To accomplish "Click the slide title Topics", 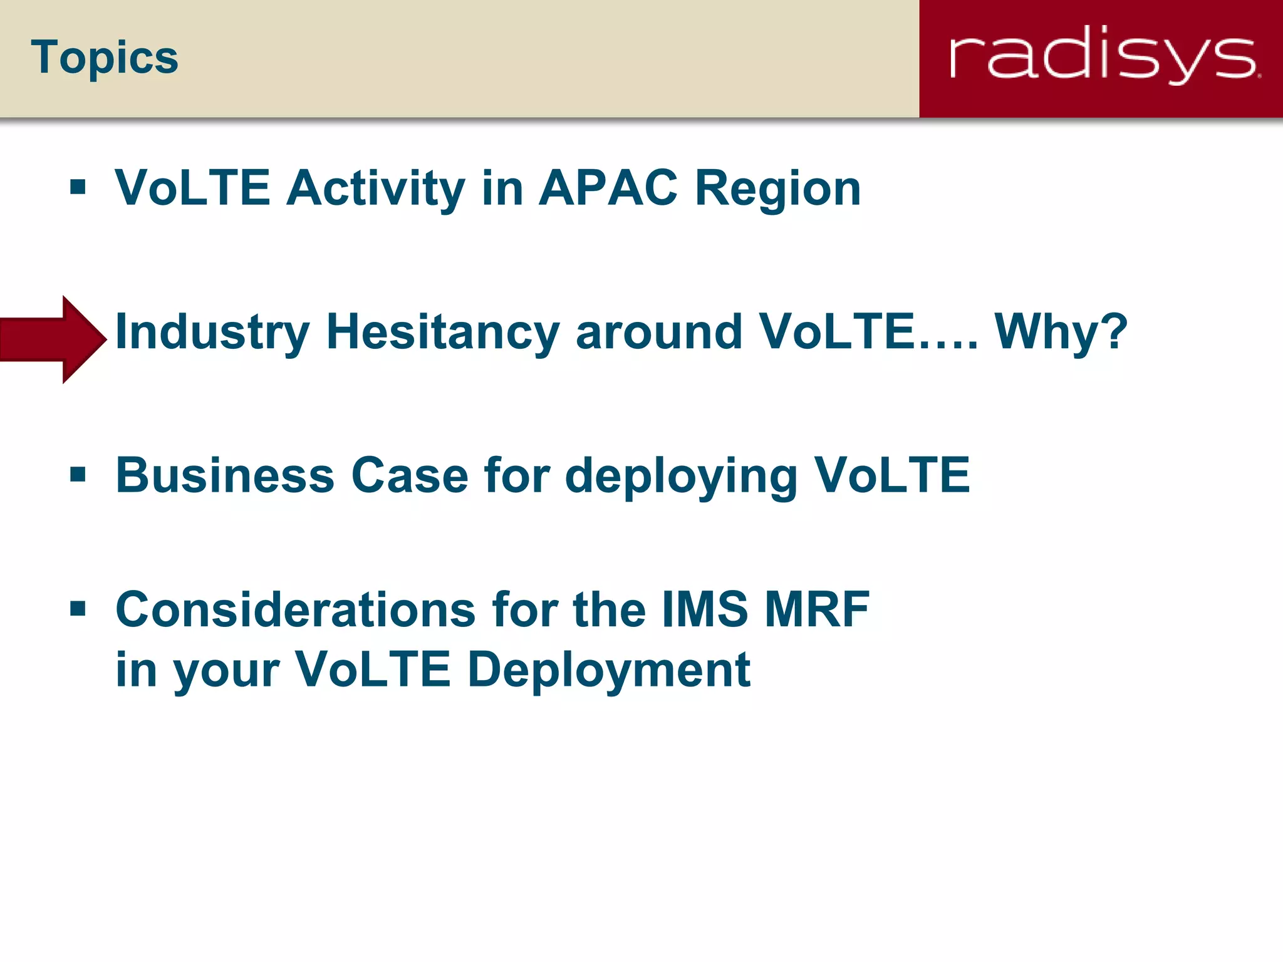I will click(104, 58).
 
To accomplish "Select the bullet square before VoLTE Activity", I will click(78, 187).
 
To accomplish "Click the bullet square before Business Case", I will click(78, 475).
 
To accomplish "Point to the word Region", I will click(778, 189).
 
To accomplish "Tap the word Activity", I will click(375, 189).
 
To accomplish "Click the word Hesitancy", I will click(442, 333).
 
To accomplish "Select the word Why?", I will click(1061, 331).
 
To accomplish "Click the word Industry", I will click(212, 333).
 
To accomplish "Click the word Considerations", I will click(296, 609).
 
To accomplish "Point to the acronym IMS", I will click(705, 609).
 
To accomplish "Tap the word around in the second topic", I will click(659, 331).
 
